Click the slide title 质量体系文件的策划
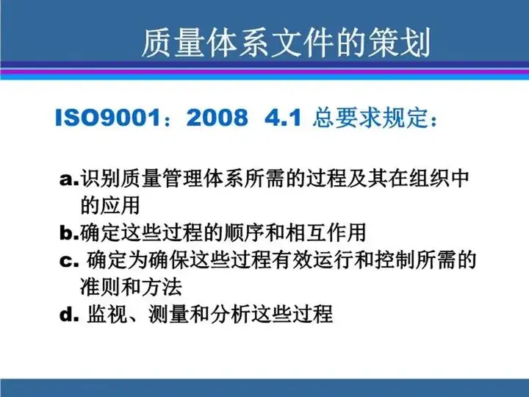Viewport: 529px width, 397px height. tap(286, 43)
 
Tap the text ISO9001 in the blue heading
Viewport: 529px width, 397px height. tap(108, 118)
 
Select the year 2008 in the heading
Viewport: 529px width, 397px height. tap(217, 118)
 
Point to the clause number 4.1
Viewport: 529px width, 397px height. tap(283, 118)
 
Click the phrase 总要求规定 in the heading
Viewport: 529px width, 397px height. tap(370, 118)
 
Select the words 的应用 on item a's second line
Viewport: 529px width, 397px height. tap(110, 205)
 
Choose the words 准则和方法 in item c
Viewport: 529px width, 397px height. tap(132, 287)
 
